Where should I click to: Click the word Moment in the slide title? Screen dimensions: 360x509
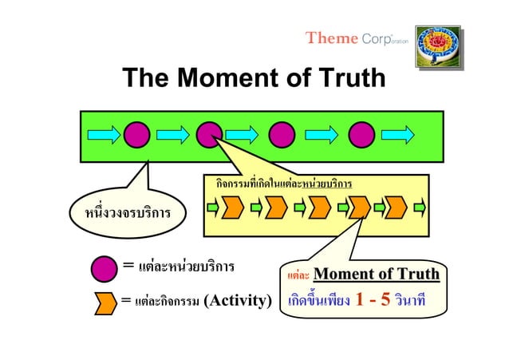tap(223, 78)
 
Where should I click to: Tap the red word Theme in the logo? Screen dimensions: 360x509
tap(325, 38)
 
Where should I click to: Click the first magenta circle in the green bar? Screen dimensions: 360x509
tap(136, 134)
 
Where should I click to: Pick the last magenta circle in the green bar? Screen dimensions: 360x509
tap(361, 134)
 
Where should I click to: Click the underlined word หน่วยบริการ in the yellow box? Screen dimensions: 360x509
tap(326, 184)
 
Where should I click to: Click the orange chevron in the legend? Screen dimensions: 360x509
tap(105, 303)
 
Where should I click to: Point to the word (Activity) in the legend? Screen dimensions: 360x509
tap(239, 302)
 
